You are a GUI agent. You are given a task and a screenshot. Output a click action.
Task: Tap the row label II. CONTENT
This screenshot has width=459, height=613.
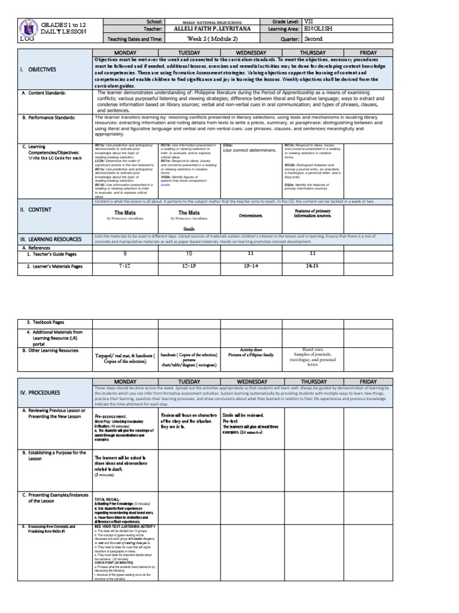click(x=36, y=210)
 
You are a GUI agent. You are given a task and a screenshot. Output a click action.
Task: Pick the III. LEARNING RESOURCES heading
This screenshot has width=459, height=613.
click(x=51, y=239)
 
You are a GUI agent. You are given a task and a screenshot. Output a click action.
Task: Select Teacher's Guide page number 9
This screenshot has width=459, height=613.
click(x=125, y=253)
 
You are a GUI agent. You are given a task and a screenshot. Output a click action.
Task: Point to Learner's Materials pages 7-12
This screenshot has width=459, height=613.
click(x=125, y=264)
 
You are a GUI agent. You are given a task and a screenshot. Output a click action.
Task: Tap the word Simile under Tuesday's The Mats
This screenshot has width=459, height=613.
click(x=189, y=229)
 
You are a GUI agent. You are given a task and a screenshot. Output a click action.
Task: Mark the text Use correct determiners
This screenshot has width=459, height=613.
click(x=249, y=150)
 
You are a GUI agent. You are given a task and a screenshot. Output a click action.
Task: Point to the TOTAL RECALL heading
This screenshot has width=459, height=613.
click(x=108, y=499)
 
